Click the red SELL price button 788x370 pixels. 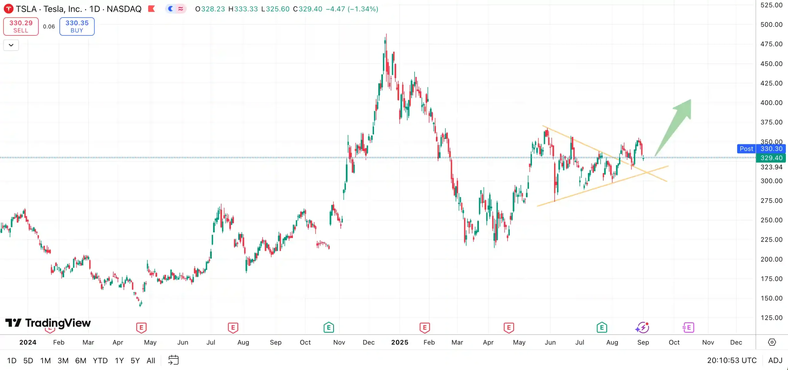(21, 26)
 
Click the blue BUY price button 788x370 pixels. (77, 26)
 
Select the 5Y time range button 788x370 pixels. (135, 360)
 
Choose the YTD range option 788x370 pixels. (100, 360)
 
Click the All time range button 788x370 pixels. (151, 360)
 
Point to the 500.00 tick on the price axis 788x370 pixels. (771, 25)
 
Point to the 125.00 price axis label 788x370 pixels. (771, 318)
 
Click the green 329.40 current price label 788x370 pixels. (771, 158)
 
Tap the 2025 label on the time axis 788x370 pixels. (400, 342)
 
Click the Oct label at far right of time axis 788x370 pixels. (674, 342)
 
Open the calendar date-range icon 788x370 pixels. (173, 360)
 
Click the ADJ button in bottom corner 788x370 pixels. (775, 360)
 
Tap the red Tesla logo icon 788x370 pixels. (9, 9)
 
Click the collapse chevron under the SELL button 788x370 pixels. (11, 45)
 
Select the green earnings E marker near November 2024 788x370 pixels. (329, 328)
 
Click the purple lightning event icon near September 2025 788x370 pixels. (642, 328)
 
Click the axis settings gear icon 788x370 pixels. (772, 342)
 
